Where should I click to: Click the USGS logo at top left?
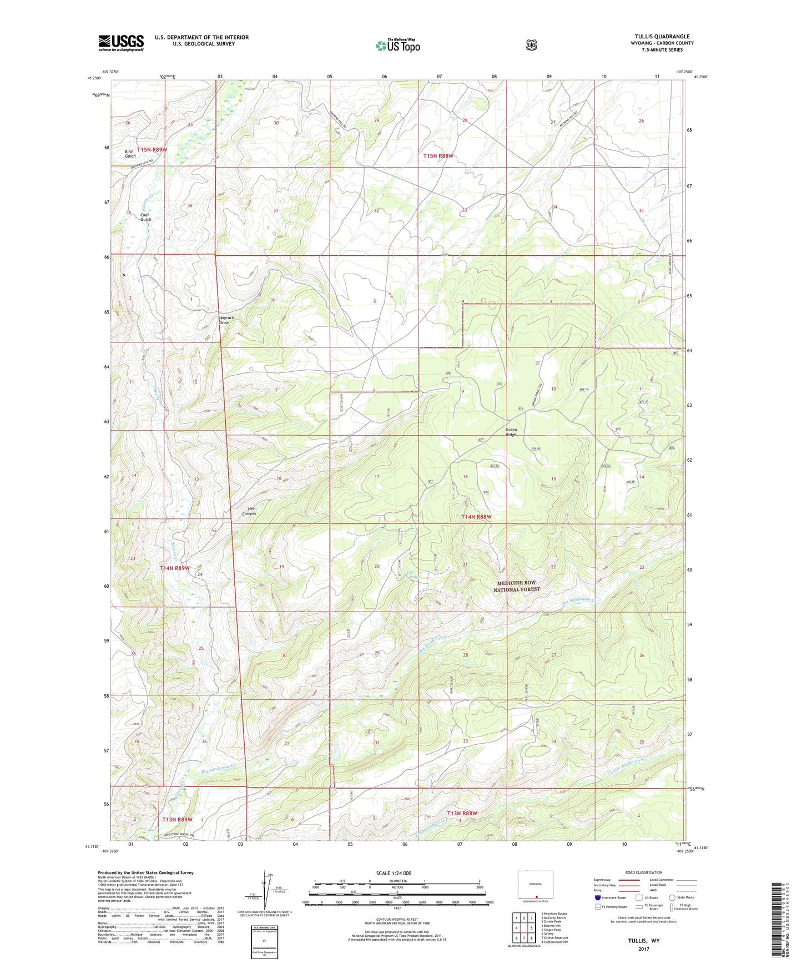[x=121, y=43]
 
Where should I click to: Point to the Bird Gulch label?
[x=130, y=154]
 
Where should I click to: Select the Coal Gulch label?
[x=145, y=217]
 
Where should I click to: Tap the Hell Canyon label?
[x=249, y=511]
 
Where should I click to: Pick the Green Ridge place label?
[x=511, y=432]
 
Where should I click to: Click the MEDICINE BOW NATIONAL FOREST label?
[x=517, y=586]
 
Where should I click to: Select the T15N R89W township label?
[x=152, y=150]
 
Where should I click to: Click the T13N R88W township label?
[x=462, y=813]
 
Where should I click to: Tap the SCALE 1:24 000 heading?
[x=394, y=873]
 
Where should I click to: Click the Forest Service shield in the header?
[x=531, y=45]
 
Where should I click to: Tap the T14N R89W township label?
[x=175, y=568]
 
